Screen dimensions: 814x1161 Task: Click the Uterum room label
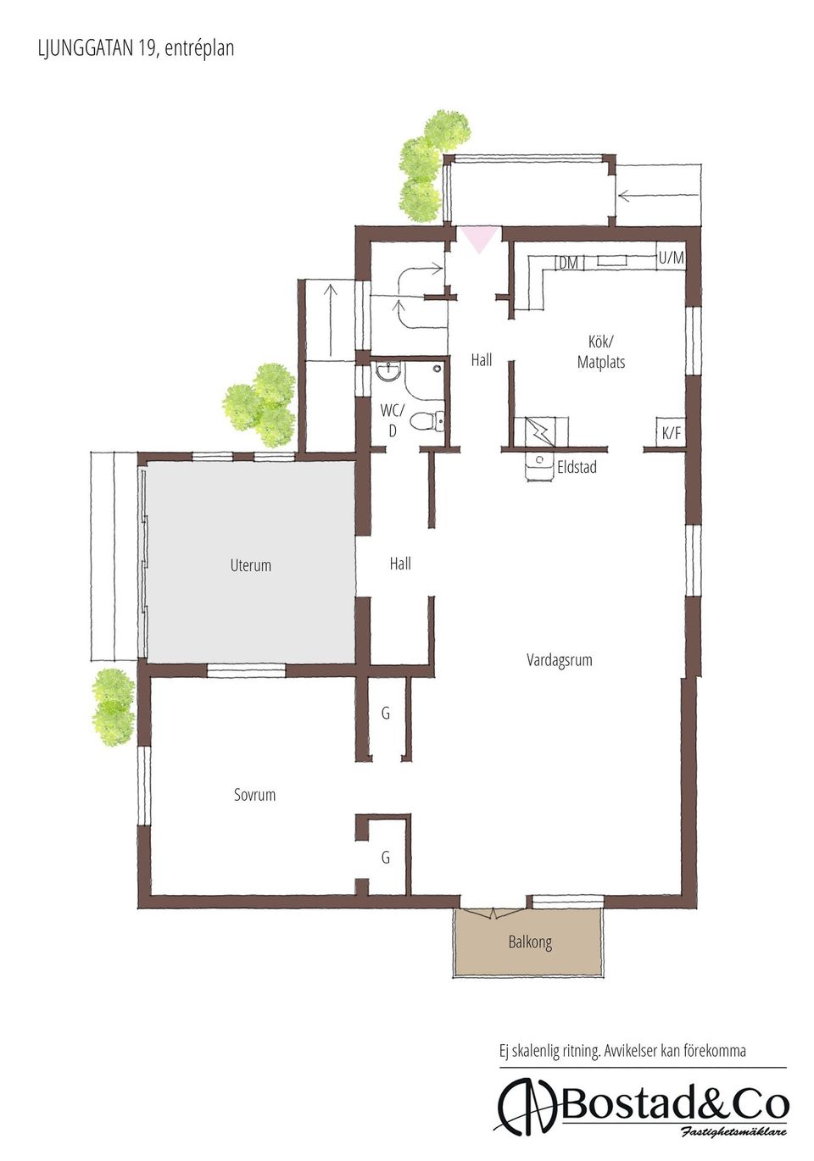pos(250,565)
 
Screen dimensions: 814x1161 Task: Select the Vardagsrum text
pos(559,660)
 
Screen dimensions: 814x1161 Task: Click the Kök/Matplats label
pos(601,352)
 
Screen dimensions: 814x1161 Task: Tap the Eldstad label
pos(577,467)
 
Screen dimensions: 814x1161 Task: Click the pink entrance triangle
pos(479,239)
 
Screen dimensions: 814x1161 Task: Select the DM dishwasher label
pos(568,263)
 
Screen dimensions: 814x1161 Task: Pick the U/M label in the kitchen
pos(671,257)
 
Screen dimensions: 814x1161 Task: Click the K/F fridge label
pos(671,433)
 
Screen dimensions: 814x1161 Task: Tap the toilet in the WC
pos(427,420)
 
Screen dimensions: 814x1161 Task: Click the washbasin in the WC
pos(387,371)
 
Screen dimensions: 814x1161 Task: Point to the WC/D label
pos(392,420)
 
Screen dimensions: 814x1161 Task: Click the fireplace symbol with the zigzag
pos(541,431)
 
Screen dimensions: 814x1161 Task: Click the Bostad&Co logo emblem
pos(527,1108)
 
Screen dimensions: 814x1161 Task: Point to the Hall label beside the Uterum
pos(399,564)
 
